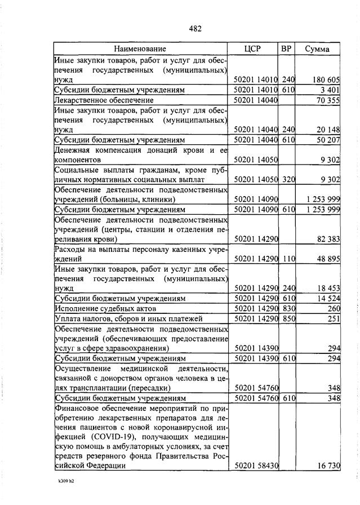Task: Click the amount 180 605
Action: click(x=325, y=81)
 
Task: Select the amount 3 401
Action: click(x=329, y=90)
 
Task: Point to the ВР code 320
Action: click(x=288, y=179)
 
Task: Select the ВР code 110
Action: click(x=288, y=258)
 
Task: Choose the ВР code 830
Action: click(x=288, y=308)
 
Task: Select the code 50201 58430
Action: click(x=256, y=466)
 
